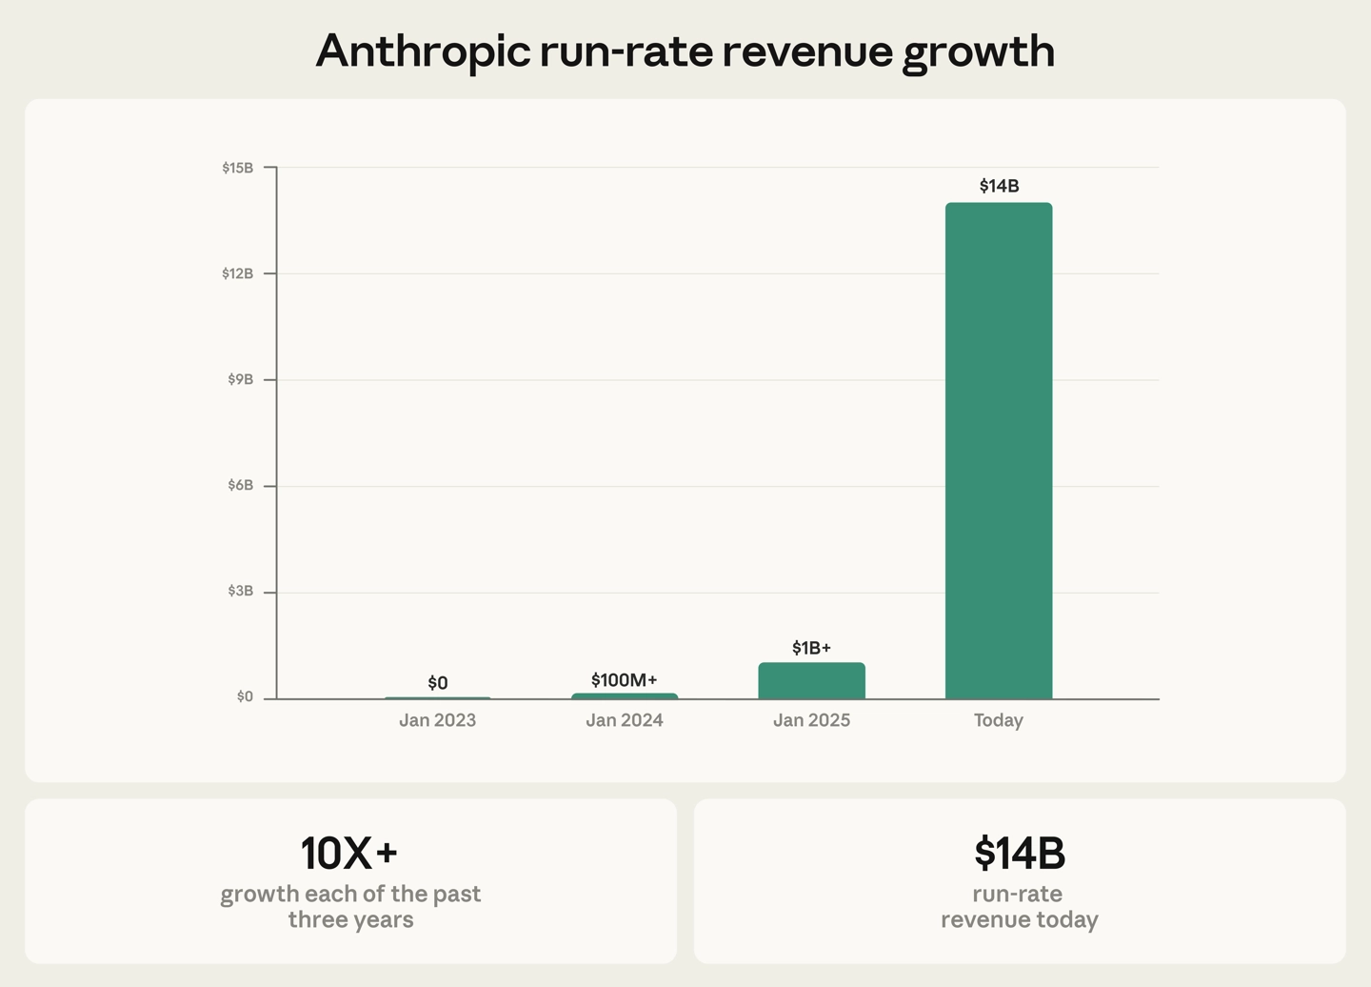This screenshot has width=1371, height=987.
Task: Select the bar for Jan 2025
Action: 811,681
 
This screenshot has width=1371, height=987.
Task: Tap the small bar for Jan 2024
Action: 625,696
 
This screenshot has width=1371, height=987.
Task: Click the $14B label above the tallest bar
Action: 999,186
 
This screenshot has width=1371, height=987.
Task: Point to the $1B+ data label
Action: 811,648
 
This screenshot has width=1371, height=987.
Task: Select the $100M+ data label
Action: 624,679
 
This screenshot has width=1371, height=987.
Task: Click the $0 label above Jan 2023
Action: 437,682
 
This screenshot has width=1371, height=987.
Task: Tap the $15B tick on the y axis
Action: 238,168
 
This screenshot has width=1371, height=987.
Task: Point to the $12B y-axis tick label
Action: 238,273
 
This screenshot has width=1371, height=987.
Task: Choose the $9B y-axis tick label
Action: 240,379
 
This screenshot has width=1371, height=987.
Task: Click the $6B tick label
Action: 240,485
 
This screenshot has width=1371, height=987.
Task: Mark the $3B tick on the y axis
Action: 240,591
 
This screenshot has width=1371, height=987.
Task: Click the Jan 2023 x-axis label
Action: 437,720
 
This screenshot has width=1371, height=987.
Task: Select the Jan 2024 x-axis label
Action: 624,720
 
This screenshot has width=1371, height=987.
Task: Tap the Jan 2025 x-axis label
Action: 811,720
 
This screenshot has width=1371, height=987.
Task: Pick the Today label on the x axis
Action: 998,720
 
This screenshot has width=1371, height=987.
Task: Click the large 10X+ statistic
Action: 349,853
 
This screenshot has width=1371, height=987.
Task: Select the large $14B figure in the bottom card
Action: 1020,853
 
